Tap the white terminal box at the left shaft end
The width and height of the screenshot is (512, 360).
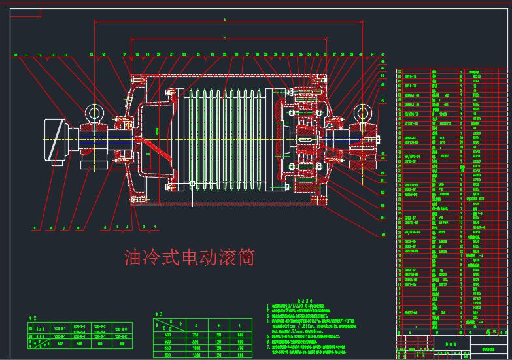(56, 139)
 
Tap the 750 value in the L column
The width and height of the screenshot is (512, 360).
(241, 347)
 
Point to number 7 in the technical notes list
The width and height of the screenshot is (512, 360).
(267, 347)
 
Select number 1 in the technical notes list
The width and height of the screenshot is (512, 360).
(267, 306)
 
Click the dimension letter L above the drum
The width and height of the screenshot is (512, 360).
(224, 37)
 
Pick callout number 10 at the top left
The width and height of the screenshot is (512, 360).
(15, 54)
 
